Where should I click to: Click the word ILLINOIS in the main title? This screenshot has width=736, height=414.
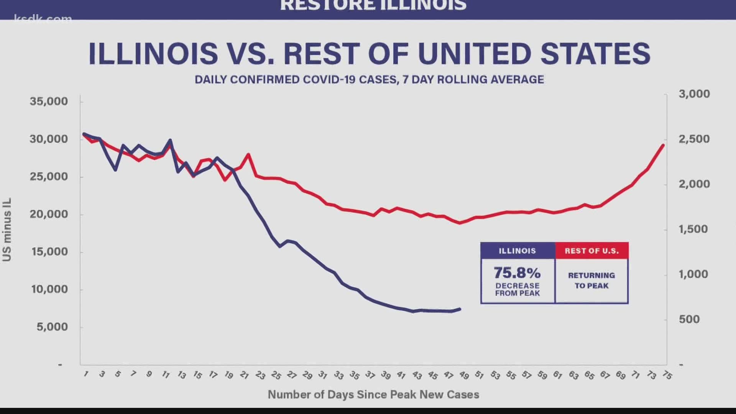(153, 54)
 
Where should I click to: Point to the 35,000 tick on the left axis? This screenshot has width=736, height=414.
(49, 102)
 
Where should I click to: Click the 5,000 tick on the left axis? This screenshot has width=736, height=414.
(52, 327)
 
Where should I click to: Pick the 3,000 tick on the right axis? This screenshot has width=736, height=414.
(694, 94)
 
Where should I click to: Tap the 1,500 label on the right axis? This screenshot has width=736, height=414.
(693, 229)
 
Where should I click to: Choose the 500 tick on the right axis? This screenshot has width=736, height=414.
(689, 319)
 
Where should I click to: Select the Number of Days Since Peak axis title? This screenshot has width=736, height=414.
(373, 394)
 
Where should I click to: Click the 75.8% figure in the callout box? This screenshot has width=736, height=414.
(517, 273)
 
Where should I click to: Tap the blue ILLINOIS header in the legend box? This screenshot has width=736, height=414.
(517, 251)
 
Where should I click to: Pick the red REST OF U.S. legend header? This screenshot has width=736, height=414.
(591, 251)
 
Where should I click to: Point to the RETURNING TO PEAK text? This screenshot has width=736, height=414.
(591, 281)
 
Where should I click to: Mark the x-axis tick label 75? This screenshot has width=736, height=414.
(667, 375)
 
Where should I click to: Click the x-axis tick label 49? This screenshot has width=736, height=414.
(464, 375)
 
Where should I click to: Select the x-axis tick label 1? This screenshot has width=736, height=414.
(86, 374)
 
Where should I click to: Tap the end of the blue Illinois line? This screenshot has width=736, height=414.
(460, 309)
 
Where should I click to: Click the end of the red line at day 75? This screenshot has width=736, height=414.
(663, 145)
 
